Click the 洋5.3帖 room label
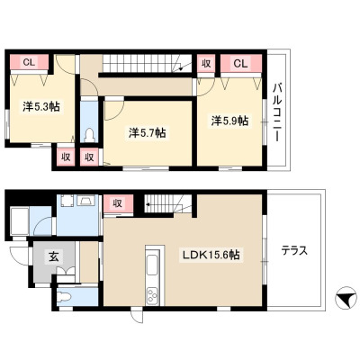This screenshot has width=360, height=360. click(x=41, y=106)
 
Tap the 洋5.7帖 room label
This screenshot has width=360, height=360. click(x=147, y=132)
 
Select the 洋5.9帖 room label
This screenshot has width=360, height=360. click(x=229, y=121)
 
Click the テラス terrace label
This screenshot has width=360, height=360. click(x=294, y=250)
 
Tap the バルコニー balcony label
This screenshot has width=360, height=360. click(x=277, y=112)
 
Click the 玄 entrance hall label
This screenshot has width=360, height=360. click(x=53, y=256)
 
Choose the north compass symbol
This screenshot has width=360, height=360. click(x=345, y=298)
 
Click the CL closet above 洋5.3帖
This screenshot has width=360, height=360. click(x=29, y=62)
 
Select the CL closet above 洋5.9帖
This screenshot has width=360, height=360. click(x=241, y=63)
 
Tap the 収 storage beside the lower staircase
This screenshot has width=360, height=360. click(x=118, y=203)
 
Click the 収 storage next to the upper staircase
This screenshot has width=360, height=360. click(x=206, y=63)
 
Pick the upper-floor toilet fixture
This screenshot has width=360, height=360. click(x=89, y=135)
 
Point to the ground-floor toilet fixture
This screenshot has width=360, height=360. click(x=64, y=297)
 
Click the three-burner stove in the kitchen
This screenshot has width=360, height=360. click(x=152, y=296)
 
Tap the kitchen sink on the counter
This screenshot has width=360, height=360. click(x=153, y=265)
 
